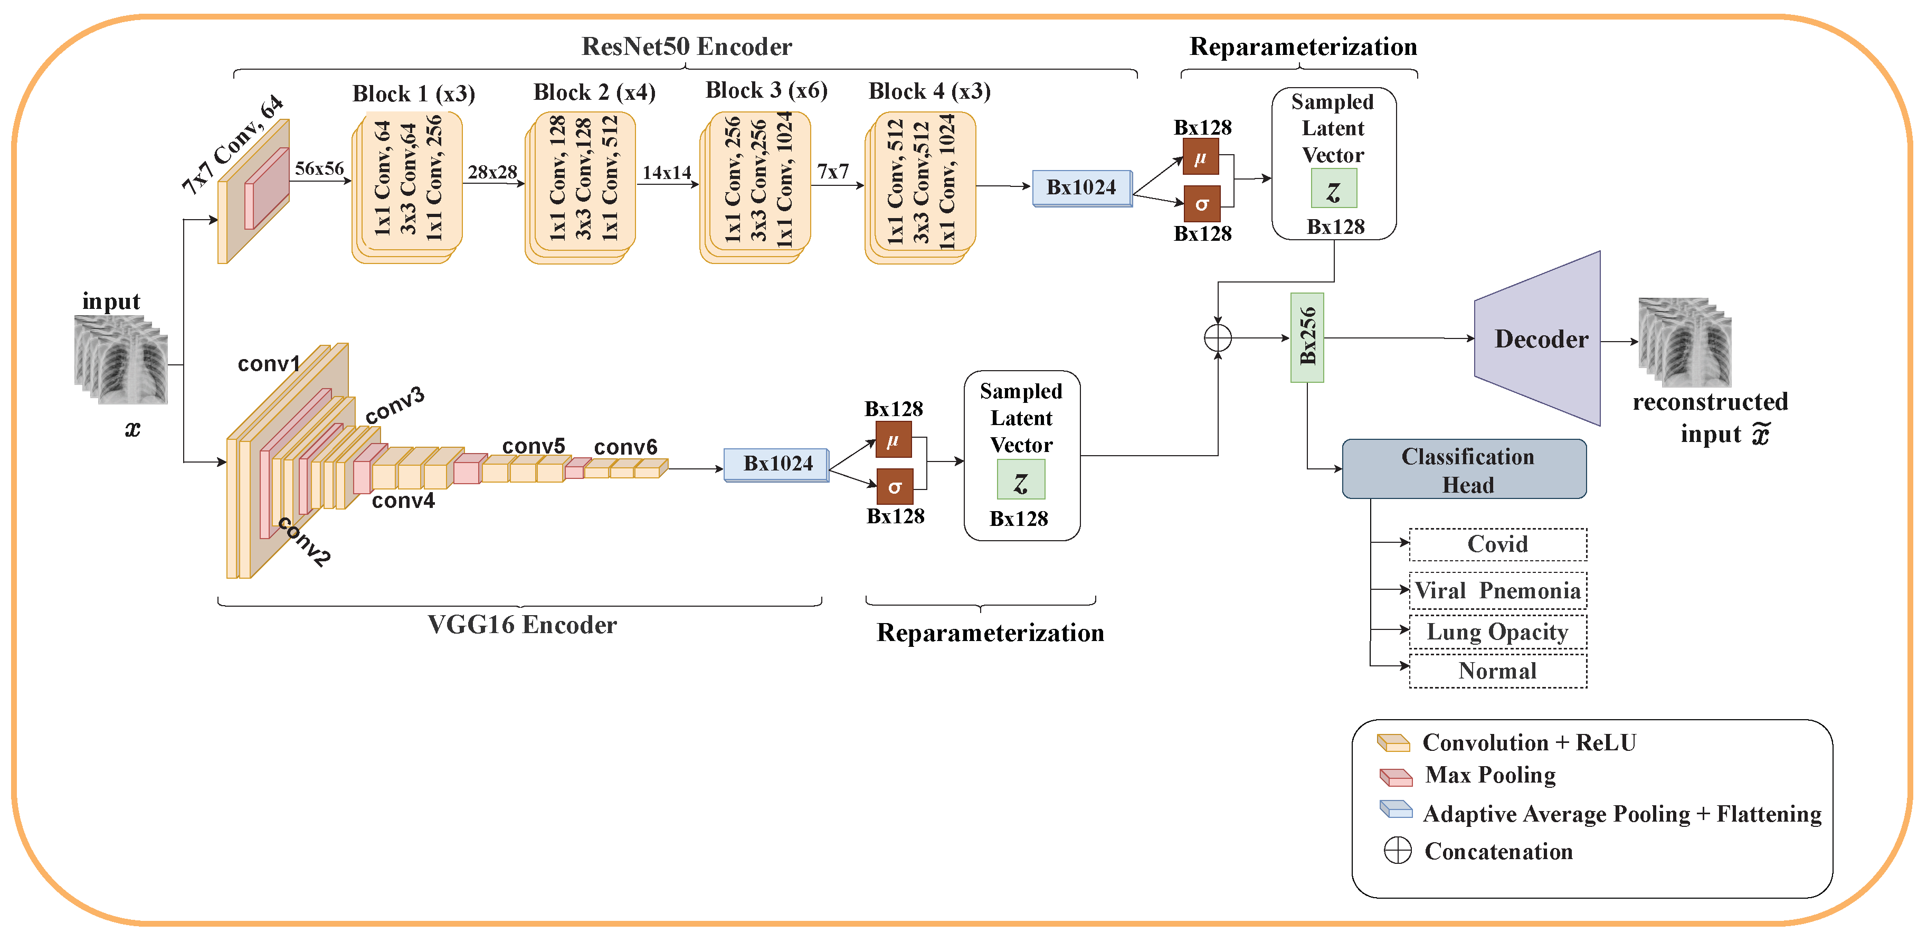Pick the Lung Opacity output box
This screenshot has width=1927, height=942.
tap(1497, 632)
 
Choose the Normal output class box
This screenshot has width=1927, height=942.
tap(1497, 671)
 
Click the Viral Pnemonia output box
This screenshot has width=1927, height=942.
tap(1497, 591)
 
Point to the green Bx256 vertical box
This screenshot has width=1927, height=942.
tap(1307, 337)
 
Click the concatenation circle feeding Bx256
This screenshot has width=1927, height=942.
tap(1218, 337)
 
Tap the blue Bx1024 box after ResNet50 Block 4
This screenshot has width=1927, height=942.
tap(1081, 188)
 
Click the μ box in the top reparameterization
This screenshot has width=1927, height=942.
tap(1201, 157)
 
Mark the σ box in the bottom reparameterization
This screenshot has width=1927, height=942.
tap(895, 487)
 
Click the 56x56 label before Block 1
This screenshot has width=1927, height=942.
tap(319, 168)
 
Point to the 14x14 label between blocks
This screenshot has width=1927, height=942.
tap(667, 173)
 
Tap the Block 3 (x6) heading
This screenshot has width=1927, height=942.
tap(766, 90)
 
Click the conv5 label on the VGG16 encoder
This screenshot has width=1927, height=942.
tap(534, 446)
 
